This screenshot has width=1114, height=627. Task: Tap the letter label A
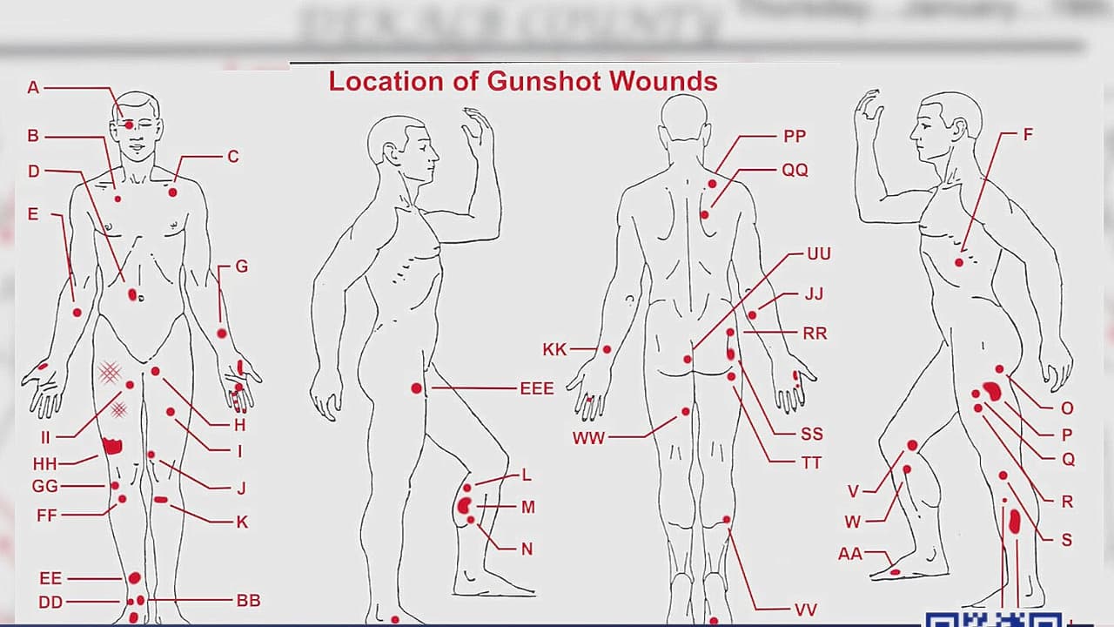pyautogui.click(x=33, y=87)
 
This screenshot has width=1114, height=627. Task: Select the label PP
pyautogui.click(x=794, y=136)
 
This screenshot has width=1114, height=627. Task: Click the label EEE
pyautogui.click(x=536, y=388)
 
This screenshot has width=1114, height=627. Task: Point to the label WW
pyautogui.click(x=588, y=438)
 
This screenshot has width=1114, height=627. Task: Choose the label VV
pyautogui.click(x=805, y=610)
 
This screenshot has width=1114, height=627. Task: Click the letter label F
pyautogui.click(x=1028, y=135)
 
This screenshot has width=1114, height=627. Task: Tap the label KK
pyautogui.click(x=554, y=349)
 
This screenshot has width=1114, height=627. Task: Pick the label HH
pyautogui.click(x=44, y=464)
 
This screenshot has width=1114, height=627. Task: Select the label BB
pyautogui.click(x=248, y=600)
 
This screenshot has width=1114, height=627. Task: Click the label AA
pyautogui.click(x=850, y=553)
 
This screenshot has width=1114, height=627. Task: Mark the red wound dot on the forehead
pyautogui.click(x=129, y=125)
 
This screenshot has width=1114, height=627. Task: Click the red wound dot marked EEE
pyautogui.click(x=417, y=388)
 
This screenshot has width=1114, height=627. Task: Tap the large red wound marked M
pyautogui.click(x=464, y=505)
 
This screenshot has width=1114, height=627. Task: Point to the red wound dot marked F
pyautogui.click(x=959, y=262)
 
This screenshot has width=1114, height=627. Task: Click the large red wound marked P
pyautogui.click(x=992, y=392)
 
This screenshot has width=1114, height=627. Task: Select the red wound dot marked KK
pyautogui.click(x=607, y=349)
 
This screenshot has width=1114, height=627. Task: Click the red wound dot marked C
pyautogui.click(x=173, y=192)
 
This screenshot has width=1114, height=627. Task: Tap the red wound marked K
pyautogui.click(x=161, y=500)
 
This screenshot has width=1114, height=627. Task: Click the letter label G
pyautogui.click(x=242, y=266)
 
